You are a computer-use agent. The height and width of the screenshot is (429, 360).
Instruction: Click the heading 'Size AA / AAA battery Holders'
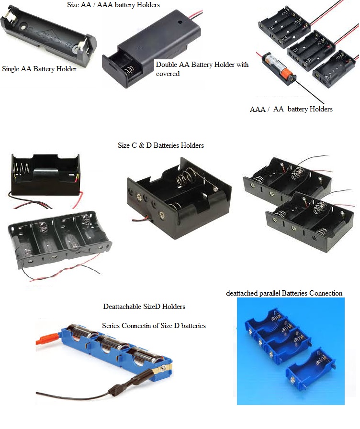click(113, 5)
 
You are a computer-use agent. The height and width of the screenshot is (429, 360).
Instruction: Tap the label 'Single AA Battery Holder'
click(39, 69)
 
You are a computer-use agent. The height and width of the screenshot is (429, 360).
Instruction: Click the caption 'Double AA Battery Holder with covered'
click(202, 69)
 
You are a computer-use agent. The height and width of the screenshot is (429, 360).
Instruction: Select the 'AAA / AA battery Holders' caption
click(291, 109)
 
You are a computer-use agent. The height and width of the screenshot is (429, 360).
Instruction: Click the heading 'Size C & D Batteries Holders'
click(161, 145)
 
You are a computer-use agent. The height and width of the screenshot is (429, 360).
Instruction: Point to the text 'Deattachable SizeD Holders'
click(144, 307)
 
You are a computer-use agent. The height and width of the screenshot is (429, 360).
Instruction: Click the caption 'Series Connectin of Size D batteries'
click(154, 326)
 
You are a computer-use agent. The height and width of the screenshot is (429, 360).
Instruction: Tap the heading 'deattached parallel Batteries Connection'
click(284, 293)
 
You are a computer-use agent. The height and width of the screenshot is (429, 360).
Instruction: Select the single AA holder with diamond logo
click(49, 37)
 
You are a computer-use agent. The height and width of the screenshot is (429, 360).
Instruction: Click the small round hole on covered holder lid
click(180, 22)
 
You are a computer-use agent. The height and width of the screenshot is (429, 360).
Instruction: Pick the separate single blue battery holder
click(311, 370)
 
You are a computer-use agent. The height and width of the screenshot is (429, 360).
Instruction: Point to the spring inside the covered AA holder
click(129, 70)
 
